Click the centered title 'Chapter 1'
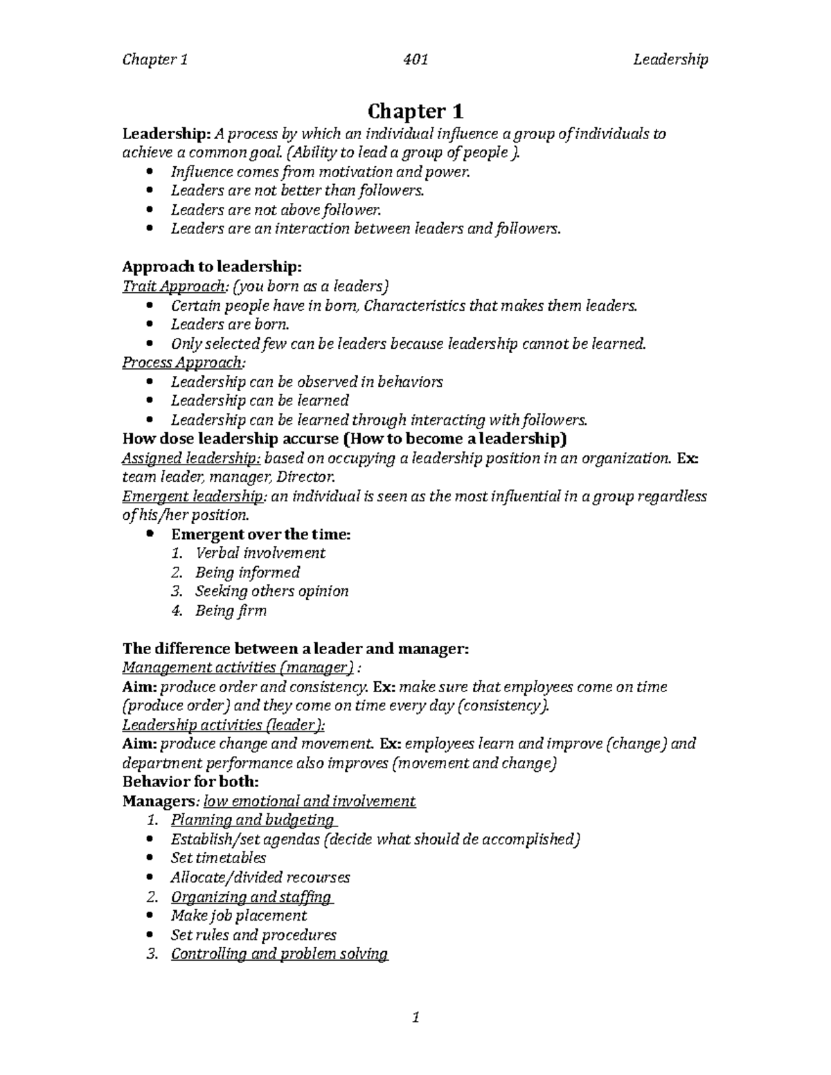click(415, 111)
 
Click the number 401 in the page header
click(415, 60)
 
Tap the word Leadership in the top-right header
click(670, 60)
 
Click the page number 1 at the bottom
click(415, 1017)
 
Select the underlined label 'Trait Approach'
click(174, 287)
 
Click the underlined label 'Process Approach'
click(183, 363)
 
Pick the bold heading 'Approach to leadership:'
click(212, 267)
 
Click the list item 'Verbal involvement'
click(260, 553)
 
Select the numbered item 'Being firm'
click(230, 611)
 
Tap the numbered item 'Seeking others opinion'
click(271, 591)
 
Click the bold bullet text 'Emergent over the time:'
click(261, 534)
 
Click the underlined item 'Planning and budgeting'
click(253, 820)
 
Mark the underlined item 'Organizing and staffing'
click(251, 897)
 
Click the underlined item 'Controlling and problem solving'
click(279, 954)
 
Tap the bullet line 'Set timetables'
click(218, 858)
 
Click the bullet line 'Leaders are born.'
click(229, 325)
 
